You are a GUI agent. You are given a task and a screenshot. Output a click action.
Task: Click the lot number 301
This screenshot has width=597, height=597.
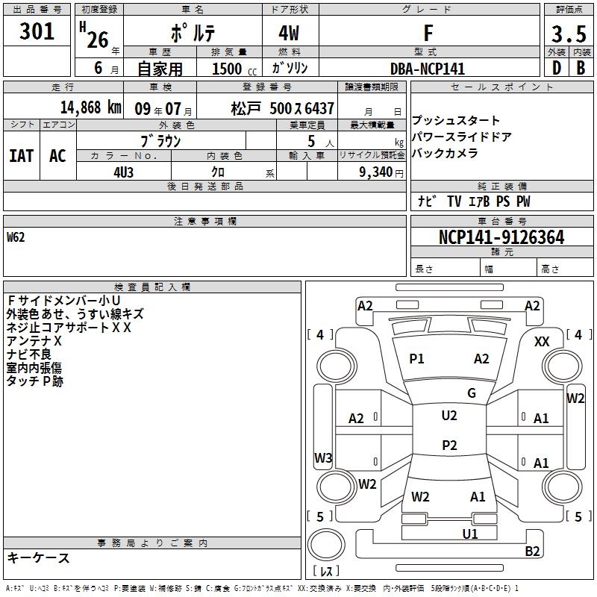[37, 32]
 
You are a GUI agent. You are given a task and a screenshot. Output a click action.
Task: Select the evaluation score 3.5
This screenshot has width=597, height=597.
[568, 34]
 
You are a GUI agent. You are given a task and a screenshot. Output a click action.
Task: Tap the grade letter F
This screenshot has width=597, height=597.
[428, 33]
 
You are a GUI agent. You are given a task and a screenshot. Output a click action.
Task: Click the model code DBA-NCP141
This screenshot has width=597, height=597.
[428, 69]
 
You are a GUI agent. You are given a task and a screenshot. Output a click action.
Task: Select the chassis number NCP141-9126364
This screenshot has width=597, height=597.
[501, 238]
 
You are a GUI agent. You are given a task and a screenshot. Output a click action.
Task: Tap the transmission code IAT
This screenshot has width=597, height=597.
[21, 155]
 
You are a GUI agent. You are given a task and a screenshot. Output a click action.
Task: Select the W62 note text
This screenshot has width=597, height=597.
[16, 238]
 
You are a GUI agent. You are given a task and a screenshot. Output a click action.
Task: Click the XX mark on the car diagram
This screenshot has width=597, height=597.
[543, 341]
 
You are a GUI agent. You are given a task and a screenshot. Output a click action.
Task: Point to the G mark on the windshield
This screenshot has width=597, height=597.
[472, 393]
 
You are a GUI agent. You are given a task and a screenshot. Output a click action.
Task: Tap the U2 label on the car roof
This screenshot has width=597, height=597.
[449, 416]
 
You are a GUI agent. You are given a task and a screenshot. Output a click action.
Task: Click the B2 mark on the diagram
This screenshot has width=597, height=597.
[533, 551]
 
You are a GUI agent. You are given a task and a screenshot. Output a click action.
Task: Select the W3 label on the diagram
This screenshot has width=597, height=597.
[323, 457]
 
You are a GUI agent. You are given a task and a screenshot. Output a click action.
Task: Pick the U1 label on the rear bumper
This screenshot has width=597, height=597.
[470, 534]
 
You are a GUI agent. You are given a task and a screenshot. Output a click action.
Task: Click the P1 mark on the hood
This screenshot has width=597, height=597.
[416, 359]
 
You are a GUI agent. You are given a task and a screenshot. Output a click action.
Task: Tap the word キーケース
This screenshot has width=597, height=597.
[39, 557]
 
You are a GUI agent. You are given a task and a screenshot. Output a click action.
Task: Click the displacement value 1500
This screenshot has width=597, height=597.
[227, 69]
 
